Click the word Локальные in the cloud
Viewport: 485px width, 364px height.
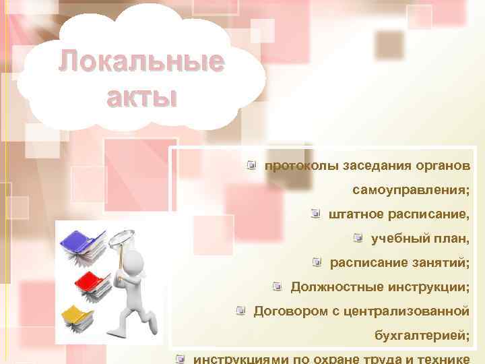coord(140,63)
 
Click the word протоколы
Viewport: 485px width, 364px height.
coord(302,166)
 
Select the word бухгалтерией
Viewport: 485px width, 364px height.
coord(421,336)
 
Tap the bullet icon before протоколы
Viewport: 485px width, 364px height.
coord(251,165)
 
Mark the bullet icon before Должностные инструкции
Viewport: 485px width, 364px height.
coord(277,286)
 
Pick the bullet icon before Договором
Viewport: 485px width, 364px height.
coord(240,311)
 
